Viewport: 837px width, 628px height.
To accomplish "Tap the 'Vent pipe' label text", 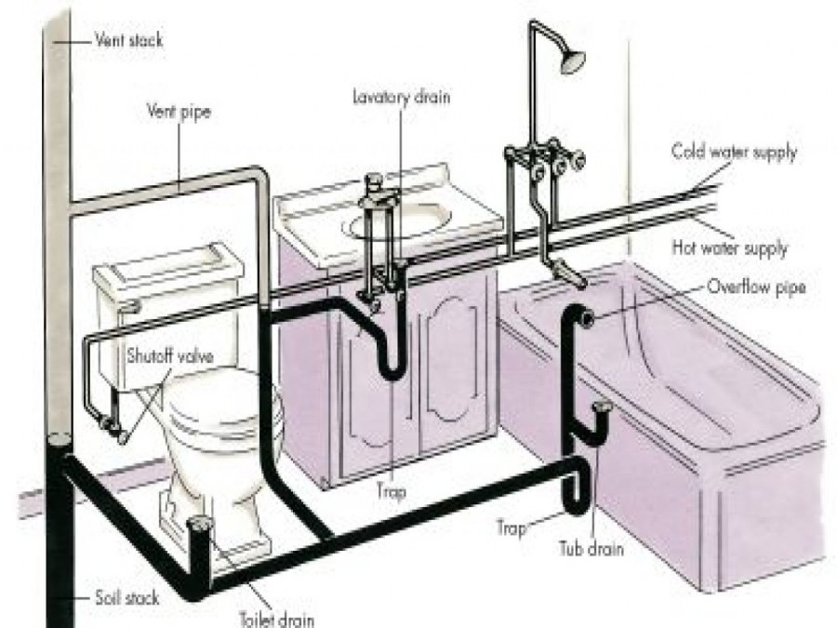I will click(x=179, y=113).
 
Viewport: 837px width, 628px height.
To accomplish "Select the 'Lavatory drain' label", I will click(x=401, y=97).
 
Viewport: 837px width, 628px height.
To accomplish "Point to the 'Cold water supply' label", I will click(x=734, y=152).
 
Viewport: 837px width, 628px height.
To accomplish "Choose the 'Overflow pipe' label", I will click(x=754, y=287).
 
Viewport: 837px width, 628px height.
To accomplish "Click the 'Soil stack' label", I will click(x=126, y=596).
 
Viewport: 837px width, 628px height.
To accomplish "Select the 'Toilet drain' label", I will click(x=276, y=619).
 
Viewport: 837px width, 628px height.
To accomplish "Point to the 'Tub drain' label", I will click(x=591, y=549).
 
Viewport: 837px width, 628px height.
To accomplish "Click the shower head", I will click(x=574, y=60).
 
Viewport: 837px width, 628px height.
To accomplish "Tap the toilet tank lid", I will click(x=167, y=260).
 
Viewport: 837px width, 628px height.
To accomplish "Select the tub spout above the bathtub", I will click(x=563, y=272).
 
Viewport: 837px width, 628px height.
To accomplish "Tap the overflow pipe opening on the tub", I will click(x=588, y=318).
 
